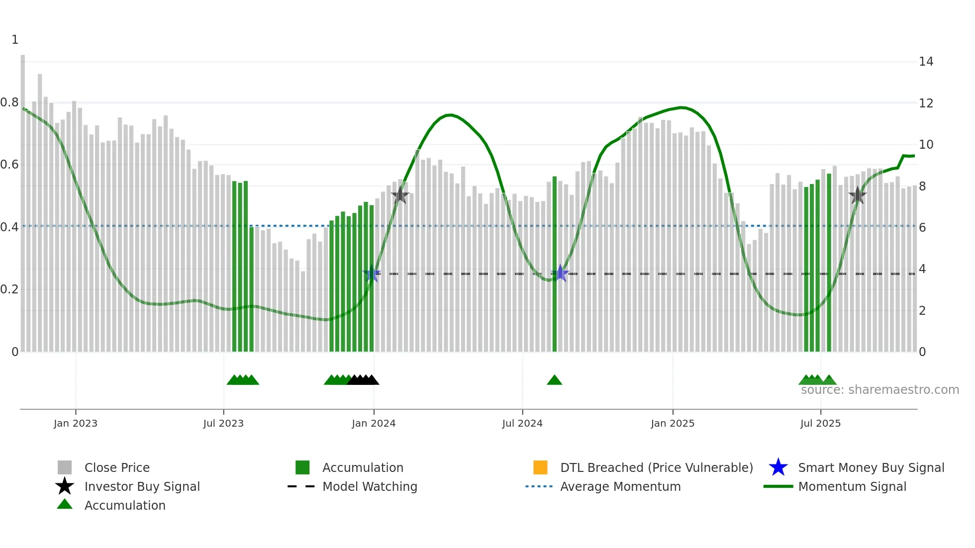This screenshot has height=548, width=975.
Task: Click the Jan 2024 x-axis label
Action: tap(374, 423)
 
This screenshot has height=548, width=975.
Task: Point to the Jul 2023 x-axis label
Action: tap(223, 423)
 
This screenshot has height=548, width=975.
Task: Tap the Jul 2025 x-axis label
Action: tap(820, 423)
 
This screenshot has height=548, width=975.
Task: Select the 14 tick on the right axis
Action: tap(926, 62)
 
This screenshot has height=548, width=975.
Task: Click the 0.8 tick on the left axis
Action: tap(9, 102)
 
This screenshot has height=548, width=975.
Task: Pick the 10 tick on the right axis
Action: tap(926, 145)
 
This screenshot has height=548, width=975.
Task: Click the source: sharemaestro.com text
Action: tap(879, 390)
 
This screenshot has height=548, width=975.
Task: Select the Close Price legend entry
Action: tap(117, 467)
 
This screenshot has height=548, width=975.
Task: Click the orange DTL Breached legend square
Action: tap(540, 467)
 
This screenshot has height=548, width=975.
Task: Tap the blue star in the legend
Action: tap(778, 467)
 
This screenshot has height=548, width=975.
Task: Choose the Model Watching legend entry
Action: tap(370, 486)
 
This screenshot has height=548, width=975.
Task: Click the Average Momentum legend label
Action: tap(620, 486)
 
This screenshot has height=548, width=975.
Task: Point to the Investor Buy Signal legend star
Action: tap(65, 486)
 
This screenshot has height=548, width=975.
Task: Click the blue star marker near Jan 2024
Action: tap(372, 274)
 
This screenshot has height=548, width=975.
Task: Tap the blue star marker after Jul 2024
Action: tap(560, 273)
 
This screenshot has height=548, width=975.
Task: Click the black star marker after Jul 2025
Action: tap(857, 195)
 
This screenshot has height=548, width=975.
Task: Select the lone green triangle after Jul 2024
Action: tap(554, 380)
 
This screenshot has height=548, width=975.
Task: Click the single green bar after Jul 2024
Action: tap(555, 264)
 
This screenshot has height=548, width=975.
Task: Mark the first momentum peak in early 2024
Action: tap(450, 115)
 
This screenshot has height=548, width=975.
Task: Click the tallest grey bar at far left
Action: tap(23, 199)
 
